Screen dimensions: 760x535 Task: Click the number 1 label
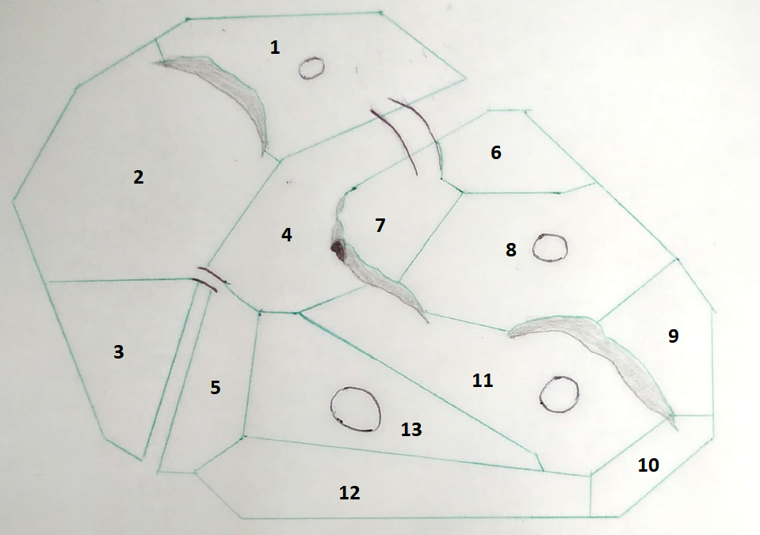click(275, 47)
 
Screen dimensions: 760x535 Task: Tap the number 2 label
click(139, 177)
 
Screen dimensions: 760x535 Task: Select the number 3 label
click(119, 352)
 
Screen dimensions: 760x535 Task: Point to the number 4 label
click(286, 235)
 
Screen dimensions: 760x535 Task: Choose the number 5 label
click(216, 387)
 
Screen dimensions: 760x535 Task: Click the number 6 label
click(496, 153)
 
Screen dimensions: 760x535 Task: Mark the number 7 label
click(380, 225)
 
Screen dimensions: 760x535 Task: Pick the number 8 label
click(511, 250)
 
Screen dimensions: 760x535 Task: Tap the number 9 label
click(674, 336)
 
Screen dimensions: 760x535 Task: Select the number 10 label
click(648, 465)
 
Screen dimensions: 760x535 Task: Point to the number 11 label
click(483, 381)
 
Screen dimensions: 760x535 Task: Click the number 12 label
click(349, 493)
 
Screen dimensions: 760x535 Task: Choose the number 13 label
click(411, 430)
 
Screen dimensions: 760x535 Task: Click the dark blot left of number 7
click(338, 250)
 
